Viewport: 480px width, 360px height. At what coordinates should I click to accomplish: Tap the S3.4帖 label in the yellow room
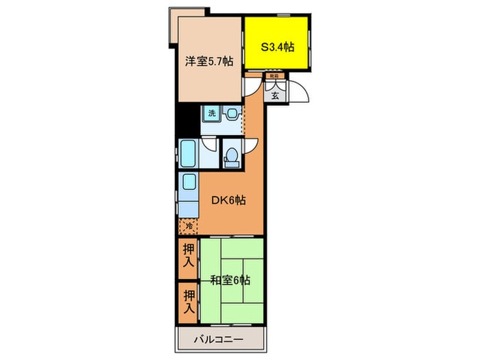277,47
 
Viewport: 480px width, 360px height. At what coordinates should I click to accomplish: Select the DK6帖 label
229,201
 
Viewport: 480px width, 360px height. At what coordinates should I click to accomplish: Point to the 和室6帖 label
230,280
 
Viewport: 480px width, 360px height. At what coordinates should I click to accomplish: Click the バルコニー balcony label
220,338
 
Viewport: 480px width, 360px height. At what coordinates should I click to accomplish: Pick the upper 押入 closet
188,256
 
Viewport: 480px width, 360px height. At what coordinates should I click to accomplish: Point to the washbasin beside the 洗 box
232,114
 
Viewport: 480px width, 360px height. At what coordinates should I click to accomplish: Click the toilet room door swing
250,145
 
